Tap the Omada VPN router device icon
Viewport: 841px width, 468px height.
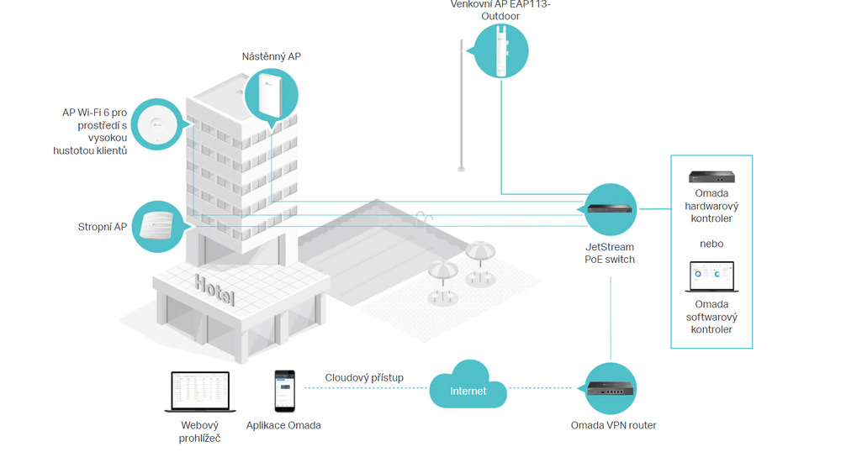click(x=611, y=388)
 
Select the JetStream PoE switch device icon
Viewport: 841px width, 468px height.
click(x=610, y=208)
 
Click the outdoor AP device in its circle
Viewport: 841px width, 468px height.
click(x=501, y=51)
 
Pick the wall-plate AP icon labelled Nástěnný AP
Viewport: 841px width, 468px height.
click(x=269, y=95)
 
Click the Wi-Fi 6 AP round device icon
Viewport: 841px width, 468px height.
click(x=157, y=124)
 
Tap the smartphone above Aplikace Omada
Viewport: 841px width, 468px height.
click(x=284, y=391)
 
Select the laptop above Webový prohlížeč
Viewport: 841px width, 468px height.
click(x=200, y=392)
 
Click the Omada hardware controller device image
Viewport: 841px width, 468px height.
click(x=711, y=176)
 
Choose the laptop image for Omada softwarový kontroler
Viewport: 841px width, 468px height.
click(x=711, y=276)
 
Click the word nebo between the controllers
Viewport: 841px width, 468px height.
click(x=711, y=244)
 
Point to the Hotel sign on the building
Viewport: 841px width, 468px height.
click(x=214, y=290)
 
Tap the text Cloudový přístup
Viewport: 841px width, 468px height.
click(x=364, y=378)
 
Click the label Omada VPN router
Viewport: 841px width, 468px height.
click(x=613, y=425)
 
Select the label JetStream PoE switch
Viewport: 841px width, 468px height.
click(x=609, y=253)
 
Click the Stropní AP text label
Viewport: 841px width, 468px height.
click(x=103, y=227)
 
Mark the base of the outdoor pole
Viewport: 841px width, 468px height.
click(x=461, y=169)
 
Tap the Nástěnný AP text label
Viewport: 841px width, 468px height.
click(x=272, y=56)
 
